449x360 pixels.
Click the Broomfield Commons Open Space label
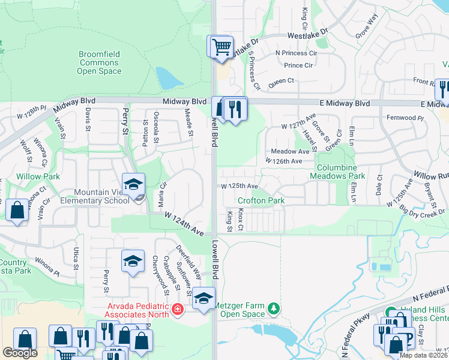click(99, 62)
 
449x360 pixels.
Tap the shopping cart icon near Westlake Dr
click(221, 46)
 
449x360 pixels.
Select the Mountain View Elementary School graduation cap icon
click(133, 184)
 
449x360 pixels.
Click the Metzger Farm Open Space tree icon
click(274, 308)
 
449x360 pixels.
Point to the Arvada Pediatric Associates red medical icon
click(177, 310)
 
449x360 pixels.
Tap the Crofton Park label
click(261, 201)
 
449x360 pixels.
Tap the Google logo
click(19, 353)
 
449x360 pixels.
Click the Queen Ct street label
click(282, 80)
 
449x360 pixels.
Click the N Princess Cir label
click(295, 53)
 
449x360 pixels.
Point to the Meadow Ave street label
click(290, 151)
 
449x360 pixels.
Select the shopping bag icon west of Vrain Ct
click(17, 210)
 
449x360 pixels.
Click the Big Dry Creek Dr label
click(417, 210)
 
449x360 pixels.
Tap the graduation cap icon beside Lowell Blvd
click(203, 298)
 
